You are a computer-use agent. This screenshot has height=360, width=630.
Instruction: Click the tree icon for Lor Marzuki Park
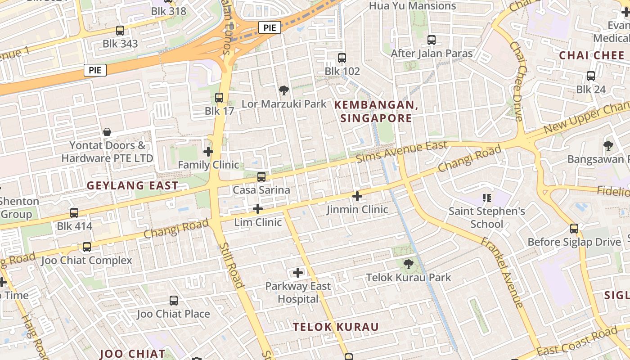tap(283, 91)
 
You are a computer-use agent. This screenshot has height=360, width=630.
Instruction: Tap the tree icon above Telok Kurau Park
tap(408, 264)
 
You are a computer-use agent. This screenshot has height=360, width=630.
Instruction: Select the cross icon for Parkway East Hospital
tap(298, 273)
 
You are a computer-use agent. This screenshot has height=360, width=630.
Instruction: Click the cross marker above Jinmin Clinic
tap(357, 196)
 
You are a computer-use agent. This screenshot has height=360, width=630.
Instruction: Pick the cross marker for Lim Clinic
tap(258, 209)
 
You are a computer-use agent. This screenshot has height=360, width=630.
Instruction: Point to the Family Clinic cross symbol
tap(208, 152)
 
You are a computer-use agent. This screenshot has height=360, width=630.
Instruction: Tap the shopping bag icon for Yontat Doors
tap(107, 132)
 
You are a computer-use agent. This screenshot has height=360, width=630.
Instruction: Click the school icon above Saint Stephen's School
tap(486, 198)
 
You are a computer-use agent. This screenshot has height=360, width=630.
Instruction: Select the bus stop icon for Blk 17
tap(219, 97)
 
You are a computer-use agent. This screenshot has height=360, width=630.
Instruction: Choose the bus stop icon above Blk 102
tap(342, 58)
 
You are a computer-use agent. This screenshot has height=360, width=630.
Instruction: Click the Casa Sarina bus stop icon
tap(261, 177)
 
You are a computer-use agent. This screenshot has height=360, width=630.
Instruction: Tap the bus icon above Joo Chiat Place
tap(174, 301)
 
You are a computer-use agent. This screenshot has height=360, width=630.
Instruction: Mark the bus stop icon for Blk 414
tap(74, 213)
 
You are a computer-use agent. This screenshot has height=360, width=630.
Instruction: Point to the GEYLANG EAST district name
tap(132, 185)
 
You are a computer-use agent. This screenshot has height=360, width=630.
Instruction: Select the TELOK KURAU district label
tap(336, 327)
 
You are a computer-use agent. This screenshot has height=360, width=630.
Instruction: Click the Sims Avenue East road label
tap(401, 152)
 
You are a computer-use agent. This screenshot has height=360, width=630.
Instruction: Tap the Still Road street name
tap(231, 265)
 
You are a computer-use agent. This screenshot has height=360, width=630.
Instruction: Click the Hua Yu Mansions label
tap(412, 6)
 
